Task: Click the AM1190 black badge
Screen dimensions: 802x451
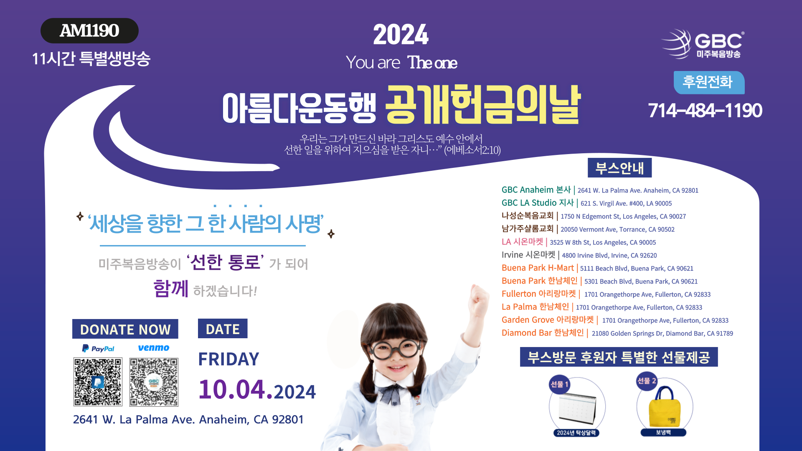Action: point(89,30)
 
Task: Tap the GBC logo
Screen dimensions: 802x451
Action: point(703,43)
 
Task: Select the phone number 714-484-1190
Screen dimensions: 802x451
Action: point(705,110)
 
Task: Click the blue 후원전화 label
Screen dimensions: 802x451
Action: point(709,82)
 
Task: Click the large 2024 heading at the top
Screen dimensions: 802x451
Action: point(401,35)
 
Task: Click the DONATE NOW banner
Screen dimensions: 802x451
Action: point(125,329)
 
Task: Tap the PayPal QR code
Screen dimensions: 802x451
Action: point(98,382)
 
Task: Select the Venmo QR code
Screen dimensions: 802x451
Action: point(154,382)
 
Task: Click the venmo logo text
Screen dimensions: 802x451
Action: point(154,348)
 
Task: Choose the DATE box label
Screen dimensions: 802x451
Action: point(223,329)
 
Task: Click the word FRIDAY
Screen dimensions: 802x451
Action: point(228,359)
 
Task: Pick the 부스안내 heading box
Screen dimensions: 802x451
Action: point(619,168)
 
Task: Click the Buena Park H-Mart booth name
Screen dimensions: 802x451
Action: point(538,268)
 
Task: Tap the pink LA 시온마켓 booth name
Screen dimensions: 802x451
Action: point(522,242)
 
